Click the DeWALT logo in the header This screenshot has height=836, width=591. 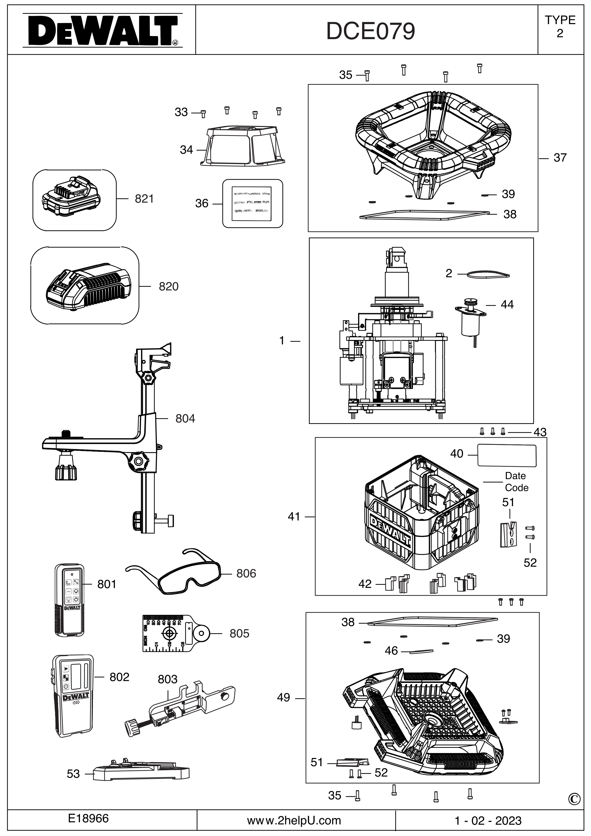[x=102, y=31]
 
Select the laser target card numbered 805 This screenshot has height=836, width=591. [x=175, y=633]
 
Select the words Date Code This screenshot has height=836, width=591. [x=516, y=482]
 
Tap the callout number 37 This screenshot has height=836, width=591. [x=560, y=158]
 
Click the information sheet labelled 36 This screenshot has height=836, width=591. [x=252, y=203]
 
